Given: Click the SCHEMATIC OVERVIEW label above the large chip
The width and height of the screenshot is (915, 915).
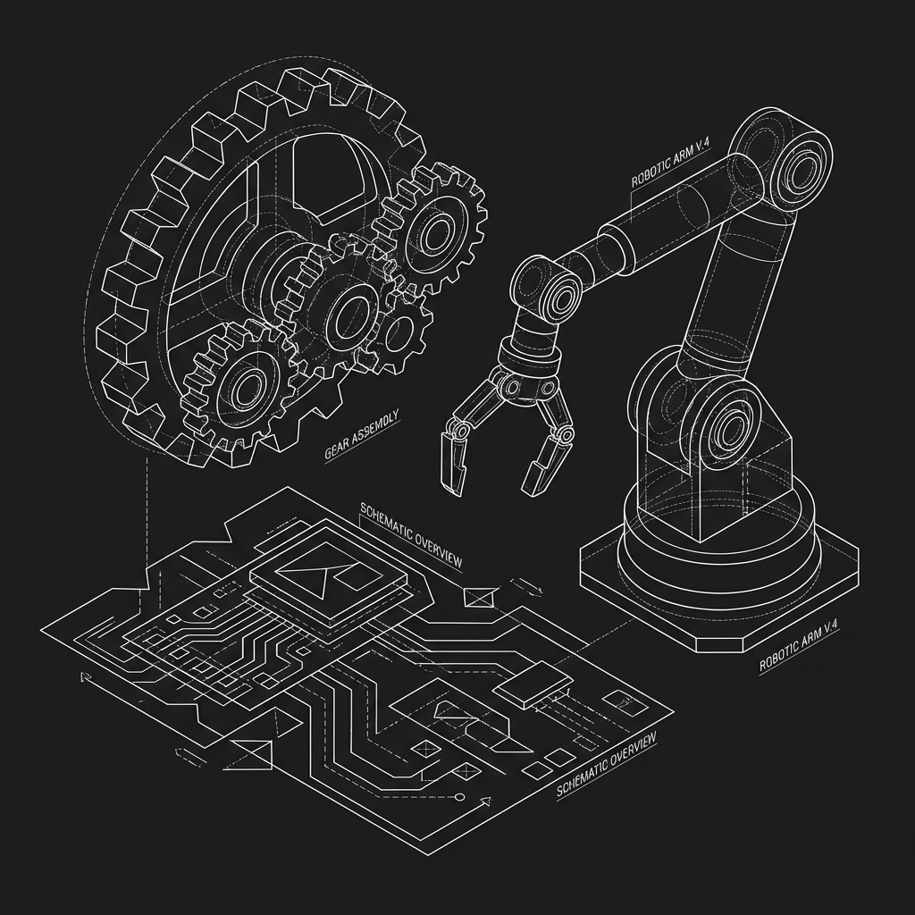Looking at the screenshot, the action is tap(411, 534).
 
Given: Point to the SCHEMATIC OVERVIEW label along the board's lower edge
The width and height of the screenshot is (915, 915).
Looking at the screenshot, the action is tap(607, 764).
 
